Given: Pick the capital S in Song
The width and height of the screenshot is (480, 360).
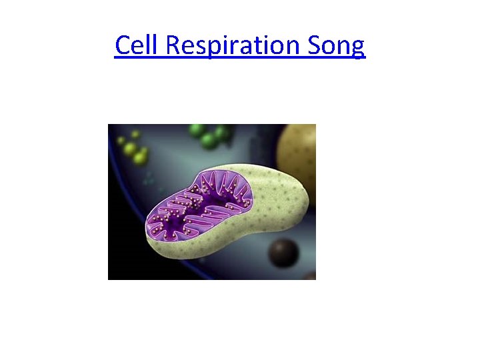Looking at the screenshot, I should (x=314, y=45).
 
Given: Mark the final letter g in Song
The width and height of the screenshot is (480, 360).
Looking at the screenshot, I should (x=358, y=49).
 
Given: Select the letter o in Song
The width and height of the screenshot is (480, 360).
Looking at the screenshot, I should (x=329, y=47).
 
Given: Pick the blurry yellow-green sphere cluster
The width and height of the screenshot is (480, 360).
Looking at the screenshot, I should (x=133, y=149).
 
